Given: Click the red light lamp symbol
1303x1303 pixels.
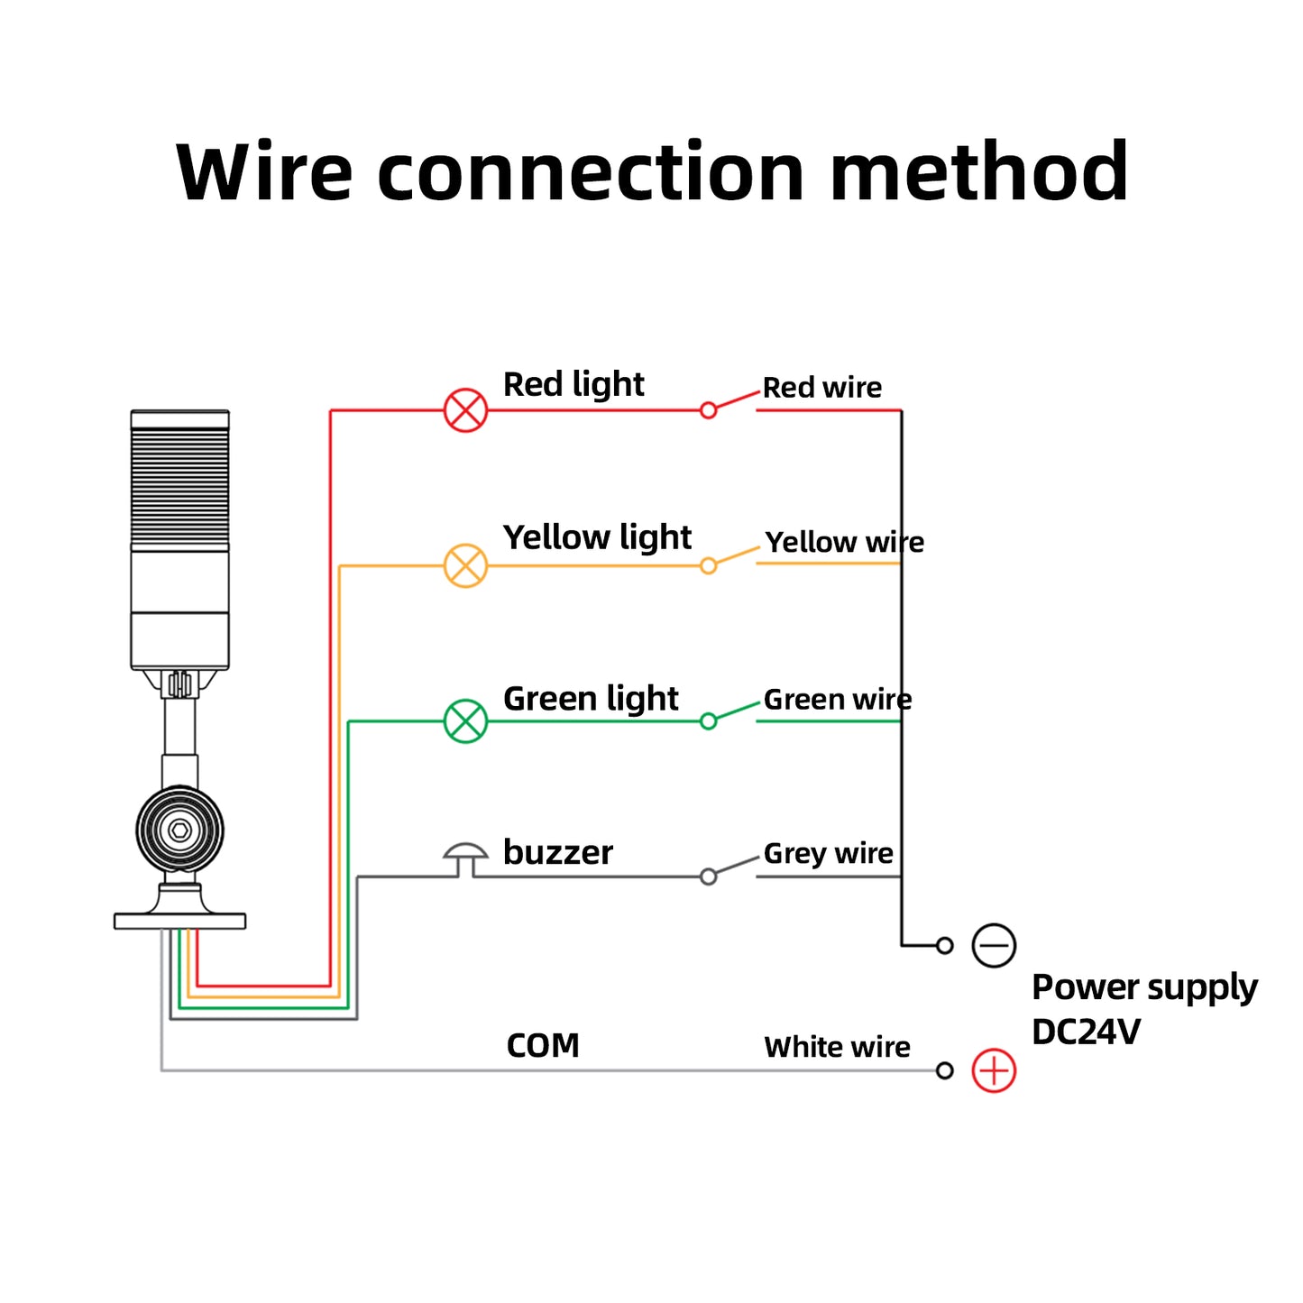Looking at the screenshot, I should (465, 410).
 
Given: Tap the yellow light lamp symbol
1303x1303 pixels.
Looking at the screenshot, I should (465, 566).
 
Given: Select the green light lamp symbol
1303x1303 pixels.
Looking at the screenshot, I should (465, 721).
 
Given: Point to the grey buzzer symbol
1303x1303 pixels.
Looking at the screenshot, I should (465, 858).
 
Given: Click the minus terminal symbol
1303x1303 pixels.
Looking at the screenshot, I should (994, 946).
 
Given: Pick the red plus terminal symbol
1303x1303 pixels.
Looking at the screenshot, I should (994, 1071).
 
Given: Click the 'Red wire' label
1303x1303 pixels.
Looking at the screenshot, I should (821, 388).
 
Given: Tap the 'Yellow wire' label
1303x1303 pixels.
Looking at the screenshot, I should (844, 542).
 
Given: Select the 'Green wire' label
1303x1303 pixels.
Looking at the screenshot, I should (837, 700).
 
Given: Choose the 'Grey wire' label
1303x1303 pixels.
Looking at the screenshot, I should (828, 853).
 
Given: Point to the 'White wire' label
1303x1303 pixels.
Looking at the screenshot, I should (837, 1047).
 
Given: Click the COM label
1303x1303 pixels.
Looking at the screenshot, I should (543, 1046).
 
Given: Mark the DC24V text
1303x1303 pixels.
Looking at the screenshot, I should (1086, 1032).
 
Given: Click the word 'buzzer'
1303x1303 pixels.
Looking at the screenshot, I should (557, 853).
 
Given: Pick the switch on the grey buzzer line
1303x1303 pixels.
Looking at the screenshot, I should (731, 867).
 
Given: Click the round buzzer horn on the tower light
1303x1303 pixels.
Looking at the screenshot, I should (179, 830).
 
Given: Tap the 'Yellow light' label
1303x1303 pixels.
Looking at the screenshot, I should (597, 537).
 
